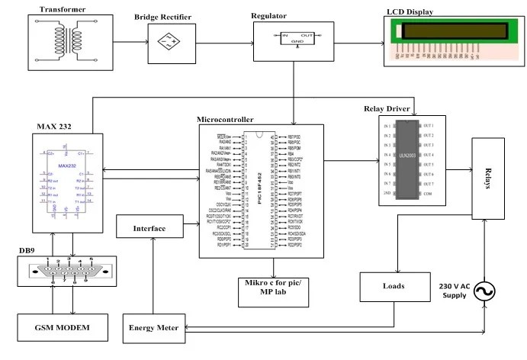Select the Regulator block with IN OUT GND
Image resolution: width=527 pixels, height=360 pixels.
coord(294,40)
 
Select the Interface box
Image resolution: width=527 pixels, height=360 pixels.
coord(150,227)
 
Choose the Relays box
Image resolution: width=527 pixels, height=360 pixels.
coord(490,178)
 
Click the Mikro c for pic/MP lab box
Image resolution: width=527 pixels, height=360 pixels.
coord(273,290)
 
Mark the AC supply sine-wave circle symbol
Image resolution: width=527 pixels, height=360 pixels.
coord(482,291)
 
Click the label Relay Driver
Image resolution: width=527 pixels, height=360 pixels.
coord(390,110)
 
